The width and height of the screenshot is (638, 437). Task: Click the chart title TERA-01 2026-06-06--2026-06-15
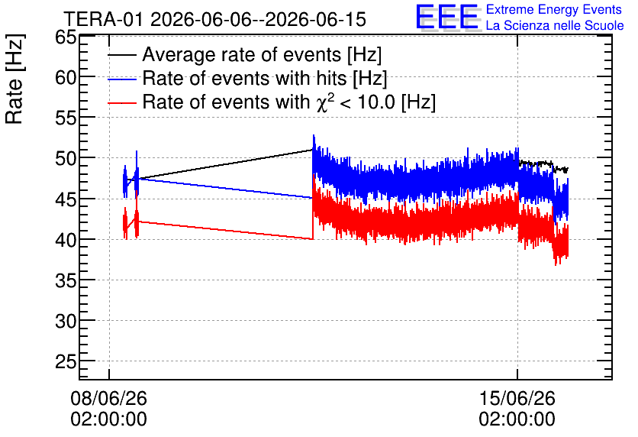point(215,19)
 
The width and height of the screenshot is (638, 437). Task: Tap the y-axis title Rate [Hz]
point(14,79)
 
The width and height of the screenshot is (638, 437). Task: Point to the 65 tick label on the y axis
point(66,37)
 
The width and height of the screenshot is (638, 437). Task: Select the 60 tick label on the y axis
point(66,77)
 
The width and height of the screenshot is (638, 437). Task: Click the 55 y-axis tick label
point(66,118)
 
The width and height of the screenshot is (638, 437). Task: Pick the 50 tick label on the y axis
point(66,158)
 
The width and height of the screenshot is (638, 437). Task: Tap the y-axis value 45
point(66,199)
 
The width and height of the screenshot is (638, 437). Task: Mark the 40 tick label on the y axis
point(66,240)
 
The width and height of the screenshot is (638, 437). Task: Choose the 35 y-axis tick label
point(66,280)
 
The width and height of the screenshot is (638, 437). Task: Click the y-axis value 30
point(66,322)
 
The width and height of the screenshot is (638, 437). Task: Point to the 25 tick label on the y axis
point(66,361)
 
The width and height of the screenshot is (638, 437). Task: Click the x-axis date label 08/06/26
point(108,398)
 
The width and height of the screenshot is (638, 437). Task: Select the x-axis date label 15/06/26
point(517,398)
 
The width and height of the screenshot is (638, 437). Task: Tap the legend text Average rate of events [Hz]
point(262,54)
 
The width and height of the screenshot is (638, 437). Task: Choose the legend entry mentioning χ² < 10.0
point(289,102)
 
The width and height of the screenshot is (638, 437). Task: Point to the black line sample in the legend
point(122,55)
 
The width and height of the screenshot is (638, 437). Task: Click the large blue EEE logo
point(448,17)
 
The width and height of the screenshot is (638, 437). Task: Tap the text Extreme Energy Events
point(554,9)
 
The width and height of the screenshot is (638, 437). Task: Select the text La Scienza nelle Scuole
point(555,25)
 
